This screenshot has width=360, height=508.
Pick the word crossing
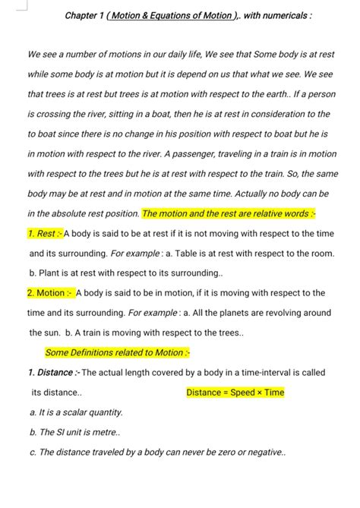tap(58, 114)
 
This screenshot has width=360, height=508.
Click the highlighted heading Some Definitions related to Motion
tap(118, 352)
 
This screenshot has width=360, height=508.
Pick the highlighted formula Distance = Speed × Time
tap(235, 393)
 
